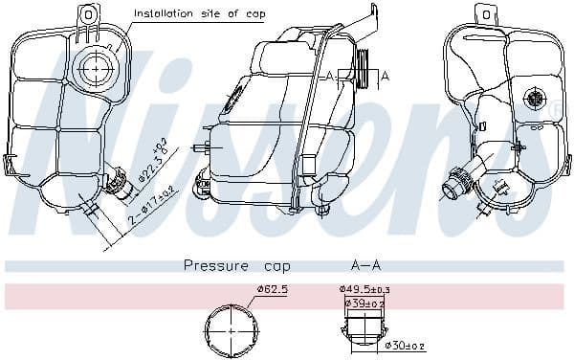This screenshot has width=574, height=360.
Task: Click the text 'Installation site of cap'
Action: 199,13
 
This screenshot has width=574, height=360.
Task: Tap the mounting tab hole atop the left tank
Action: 87,14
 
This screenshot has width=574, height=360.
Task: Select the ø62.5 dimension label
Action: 272,290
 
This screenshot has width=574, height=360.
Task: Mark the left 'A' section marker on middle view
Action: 330,75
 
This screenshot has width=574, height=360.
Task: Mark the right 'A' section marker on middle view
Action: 385,75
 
